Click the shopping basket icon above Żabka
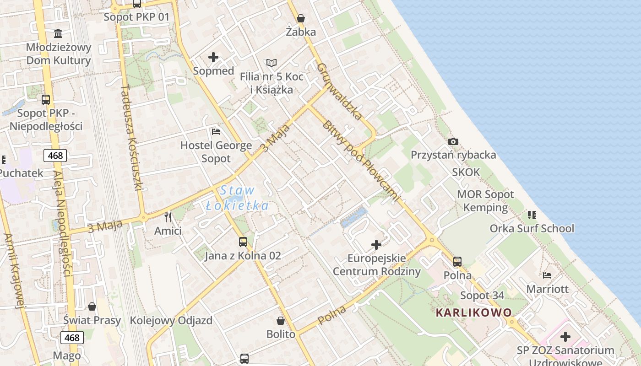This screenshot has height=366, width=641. click(x=301, y=18)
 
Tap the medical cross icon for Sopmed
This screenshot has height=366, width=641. click(x=213, y=57)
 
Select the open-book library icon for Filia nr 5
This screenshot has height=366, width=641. click(x=272, y=63)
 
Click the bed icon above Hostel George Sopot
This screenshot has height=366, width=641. click(x=216, y=132)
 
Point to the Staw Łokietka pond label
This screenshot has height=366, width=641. click(x=237, y=198)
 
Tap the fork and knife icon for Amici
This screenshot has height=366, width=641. click(x=168, y=217)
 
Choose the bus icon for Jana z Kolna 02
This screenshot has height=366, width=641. click(x=243, y=242)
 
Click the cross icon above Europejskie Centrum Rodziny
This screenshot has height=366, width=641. click(x=376, y=245)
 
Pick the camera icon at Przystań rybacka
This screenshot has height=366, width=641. click(x=453, y=141)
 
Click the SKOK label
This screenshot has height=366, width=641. click(x=466, y=172)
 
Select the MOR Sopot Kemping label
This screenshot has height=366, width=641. click(x=485, y=201)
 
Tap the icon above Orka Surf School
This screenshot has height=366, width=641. click(x=532, y=214)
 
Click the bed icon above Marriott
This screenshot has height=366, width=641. click(x=547, y=275)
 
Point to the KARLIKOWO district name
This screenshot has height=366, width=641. click(x=473, y=313)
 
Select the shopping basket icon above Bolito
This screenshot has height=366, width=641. click(x=281, y=321)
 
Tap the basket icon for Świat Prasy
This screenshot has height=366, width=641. click(x=92, y=307)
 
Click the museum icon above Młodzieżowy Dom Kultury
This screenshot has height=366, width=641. click(x=58, y=33)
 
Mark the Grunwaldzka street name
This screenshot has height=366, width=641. click(x=339, y=91)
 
